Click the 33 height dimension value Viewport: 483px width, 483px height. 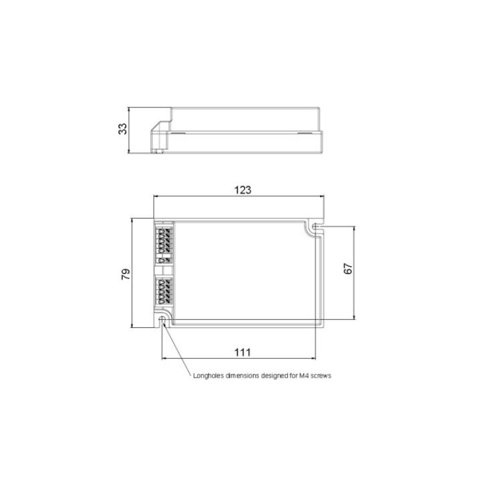tap(123, 129)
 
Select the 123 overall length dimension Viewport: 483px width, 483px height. tap(243, 190)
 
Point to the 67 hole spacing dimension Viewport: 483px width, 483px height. tap(347, 269)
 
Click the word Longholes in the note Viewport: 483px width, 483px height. tap(207, 376)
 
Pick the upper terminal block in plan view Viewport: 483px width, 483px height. tap(163, 243)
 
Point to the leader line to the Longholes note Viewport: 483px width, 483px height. tap(176, 349)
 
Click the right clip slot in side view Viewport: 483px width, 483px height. tap(309, 133)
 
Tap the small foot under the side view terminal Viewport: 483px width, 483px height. tap(158, 151)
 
